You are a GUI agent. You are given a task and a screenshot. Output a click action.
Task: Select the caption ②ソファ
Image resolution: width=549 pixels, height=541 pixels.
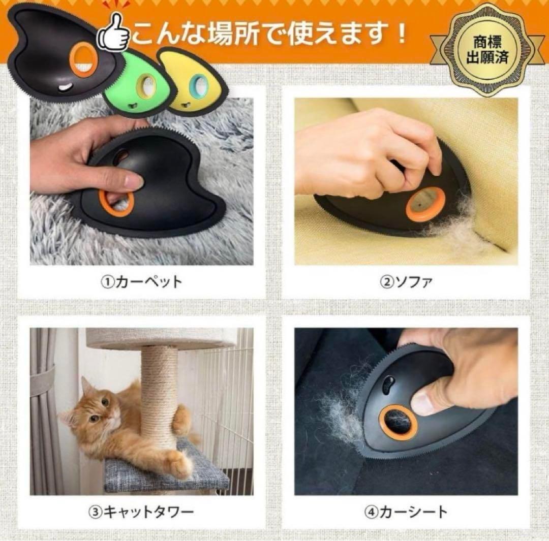tap(406, 282)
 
